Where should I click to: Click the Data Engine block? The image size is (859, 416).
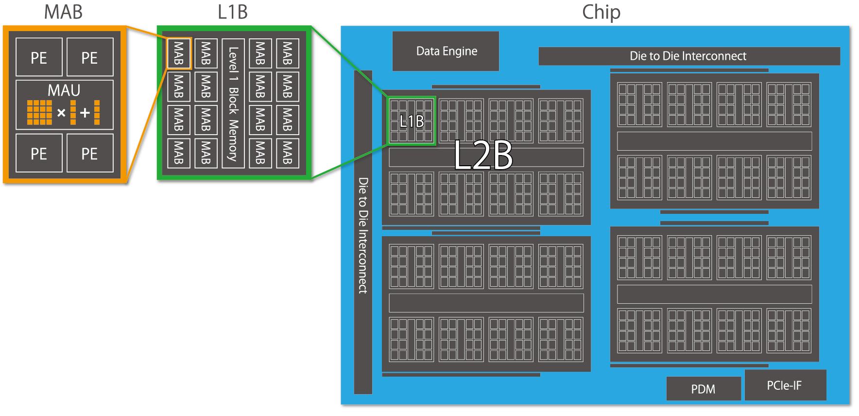point(446,51)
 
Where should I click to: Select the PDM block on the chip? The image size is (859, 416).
point(703,389)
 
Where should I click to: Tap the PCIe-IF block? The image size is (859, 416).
point(785,385)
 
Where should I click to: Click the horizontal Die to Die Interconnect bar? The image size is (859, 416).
point(688,56)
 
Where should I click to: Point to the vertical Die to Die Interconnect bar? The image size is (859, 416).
point(363,233)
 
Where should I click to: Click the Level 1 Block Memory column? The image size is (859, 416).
point(233,104)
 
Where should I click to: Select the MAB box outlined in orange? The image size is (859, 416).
point(179,53)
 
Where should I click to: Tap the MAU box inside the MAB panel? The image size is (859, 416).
point(64,104)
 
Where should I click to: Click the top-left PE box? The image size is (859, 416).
point(39,57)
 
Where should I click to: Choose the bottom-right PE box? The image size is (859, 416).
point(89,153)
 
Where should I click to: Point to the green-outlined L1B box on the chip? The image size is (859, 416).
point(412,121)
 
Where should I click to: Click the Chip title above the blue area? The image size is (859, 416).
point(601,12)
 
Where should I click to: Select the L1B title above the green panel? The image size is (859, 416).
point(232,12)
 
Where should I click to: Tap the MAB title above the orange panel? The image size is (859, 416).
point(63,12)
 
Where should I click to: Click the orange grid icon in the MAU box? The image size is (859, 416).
point(39,112)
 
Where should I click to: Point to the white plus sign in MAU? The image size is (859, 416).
point(85,113)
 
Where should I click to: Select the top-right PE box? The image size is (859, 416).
point(89,57)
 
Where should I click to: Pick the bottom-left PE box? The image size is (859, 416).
point(39,153)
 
